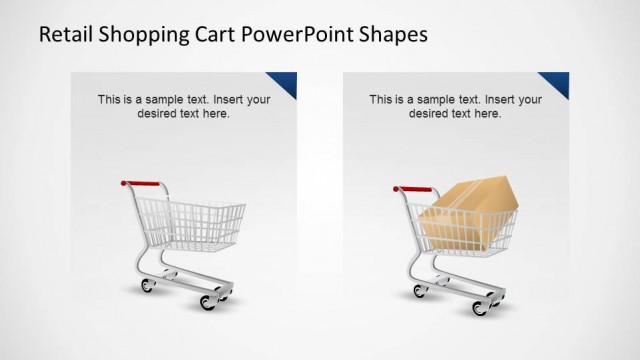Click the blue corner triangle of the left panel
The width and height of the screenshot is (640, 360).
tap(289, 81)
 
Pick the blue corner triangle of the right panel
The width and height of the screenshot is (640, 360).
tap(560, 81)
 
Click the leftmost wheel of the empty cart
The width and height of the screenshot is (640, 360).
tap(149, 286)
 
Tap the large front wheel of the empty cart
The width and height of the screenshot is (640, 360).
tap(210, 300)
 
